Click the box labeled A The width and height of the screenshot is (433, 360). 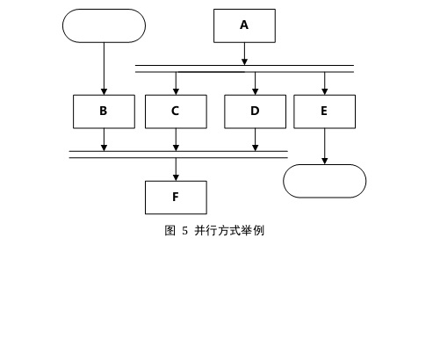tap(244, 25)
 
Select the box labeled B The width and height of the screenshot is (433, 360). tap(104, 112)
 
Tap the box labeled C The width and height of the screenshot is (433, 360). tap(176, 112)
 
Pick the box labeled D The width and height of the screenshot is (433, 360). tap(255, 112)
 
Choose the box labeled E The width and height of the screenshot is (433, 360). tap(324, 112)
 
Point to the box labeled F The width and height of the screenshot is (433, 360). tap(176, 198)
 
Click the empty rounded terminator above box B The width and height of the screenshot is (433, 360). tap(104, 25)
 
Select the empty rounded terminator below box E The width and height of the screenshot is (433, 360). tap(324, 181)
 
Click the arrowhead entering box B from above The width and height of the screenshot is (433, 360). tap(104, 91)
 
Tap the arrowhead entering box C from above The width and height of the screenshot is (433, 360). tap(176, 91)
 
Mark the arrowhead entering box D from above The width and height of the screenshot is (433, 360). tap(255, 91)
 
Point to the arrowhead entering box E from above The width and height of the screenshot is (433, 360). tap(324, 91)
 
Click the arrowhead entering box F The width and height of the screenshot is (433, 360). tap(176, 177)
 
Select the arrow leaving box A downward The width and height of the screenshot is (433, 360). tap(244, 52)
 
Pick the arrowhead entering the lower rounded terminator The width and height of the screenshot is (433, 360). tap(324, 161)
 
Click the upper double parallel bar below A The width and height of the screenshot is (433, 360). tap(244, 68)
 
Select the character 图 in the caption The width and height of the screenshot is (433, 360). tap(170, 231)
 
